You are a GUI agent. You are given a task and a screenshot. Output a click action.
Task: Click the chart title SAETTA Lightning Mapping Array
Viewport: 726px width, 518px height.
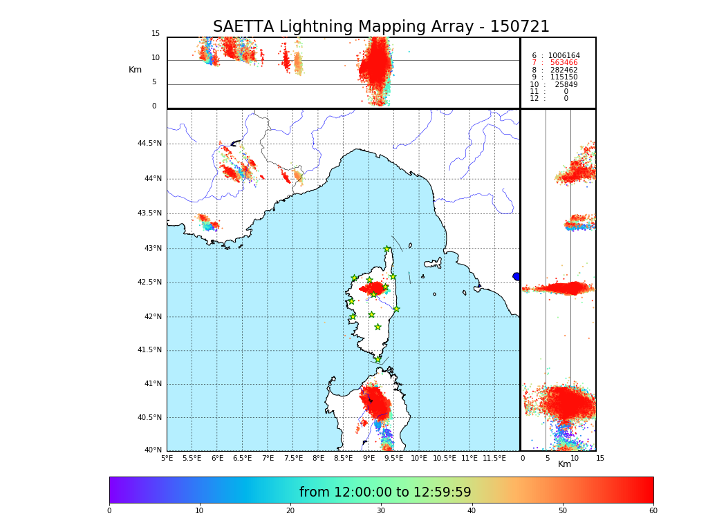click(381, 27)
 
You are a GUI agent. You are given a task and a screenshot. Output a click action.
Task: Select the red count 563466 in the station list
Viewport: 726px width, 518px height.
click(564, 63)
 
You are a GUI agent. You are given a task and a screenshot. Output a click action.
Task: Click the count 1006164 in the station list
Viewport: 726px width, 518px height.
click(564, 56)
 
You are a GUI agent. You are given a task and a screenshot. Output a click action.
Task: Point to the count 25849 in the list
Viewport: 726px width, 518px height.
click(566, 85)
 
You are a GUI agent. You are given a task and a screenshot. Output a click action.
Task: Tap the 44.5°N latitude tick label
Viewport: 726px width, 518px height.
click(149, 144)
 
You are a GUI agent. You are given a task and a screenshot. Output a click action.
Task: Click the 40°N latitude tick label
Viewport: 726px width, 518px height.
click(153, 450)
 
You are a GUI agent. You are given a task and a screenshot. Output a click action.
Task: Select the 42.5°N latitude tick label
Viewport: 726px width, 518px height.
click(149, 282)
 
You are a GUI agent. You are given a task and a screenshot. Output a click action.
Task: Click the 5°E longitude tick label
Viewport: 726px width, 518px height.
click(167, 458)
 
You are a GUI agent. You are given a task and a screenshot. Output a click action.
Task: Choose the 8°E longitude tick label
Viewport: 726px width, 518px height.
click(318, 458)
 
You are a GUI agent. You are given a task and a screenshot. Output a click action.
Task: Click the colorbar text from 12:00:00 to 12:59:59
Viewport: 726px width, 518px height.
click(385, 492)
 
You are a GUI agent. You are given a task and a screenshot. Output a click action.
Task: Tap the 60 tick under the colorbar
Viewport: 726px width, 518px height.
click(653, 511)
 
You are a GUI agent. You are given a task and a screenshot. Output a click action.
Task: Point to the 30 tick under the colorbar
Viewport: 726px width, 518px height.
click(381, 511)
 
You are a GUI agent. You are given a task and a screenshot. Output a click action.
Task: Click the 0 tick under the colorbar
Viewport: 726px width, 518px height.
click(109, 511)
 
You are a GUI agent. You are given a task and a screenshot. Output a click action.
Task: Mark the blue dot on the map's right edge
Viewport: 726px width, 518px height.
click(516, 276)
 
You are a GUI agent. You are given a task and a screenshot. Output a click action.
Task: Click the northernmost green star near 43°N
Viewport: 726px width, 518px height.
click(387, 249)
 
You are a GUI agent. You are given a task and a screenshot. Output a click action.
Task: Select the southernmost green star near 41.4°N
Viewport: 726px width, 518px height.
click(378, 359)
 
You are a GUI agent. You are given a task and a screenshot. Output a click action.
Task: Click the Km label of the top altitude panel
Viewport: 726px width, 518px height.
click(135, 70)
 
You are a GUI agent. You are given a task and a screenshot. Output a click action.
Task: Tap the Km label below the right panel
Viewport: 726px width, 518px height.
click(565, 464)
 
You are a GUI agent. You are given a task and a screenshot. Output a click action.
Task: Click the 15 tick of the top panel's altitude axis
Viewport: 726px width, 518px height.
click(156, 34)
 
